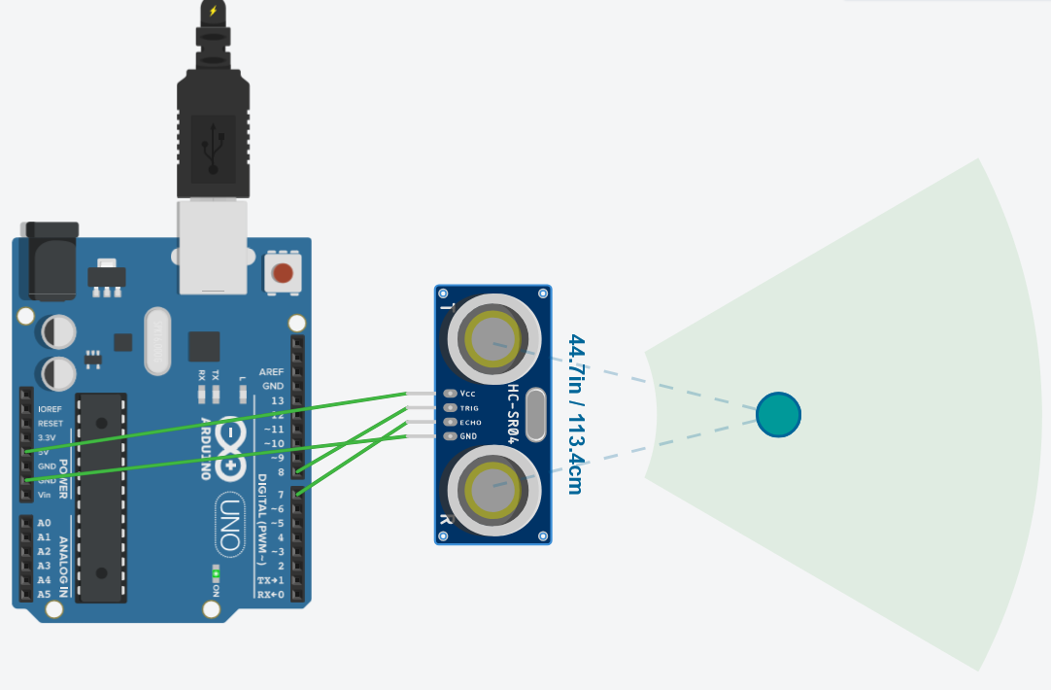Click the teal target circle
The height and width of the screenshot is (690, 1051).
point(778,414)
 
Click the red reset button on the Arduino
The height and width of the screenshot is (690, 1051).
point(283,273)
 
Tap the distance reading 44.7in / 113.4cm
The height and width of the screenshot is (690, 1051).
point(575,414)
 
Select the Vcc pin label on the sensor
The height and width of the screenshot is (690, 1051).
point(468,394)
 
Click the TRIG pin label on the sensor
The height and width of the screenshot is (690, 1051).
point(469,408)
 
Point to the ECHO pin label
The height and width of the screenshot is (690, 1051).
point(470,423)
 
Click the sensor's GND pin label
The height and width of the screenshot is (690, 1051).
point(468,436)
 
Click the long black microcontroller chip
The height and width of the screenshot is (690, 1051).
point(101,497)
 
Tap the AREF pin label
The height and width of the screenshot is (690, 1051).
point(271,372)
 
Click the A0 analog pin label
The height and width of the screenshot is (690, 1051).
point(44,523)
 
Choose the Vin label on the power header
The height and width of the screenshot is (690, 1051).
point(44,495)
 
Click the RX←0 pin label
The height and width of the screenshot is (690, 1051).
point(271,594)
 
